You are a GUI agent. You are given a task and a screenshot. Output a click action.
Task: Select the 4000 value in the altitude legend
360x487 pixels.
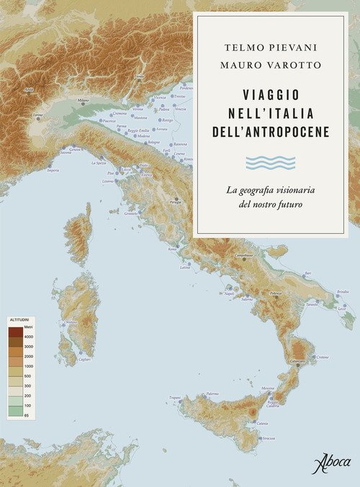(x=29, y=337)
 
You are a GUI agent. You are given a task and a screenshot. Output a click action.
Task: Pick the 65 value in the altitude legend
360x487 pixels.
(x=27, y=416)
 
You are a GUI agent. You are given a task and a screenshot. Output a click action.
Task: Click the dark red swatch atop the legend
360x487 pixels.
(x=14, y=332)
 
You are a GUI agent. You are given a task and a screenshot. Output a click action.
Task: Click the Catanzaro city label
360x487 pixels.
(x=298, y=361)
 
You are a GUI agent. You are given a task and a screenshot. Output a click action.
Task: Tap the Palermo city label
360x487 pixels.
(x=212, y=393)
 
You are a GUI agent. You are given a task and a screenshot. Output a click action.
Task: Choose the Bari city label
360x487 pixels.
(x=308, y=273)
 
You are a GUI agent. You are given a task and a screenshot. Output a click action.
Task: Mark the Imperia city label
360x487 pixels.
(x=53, y=170)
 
